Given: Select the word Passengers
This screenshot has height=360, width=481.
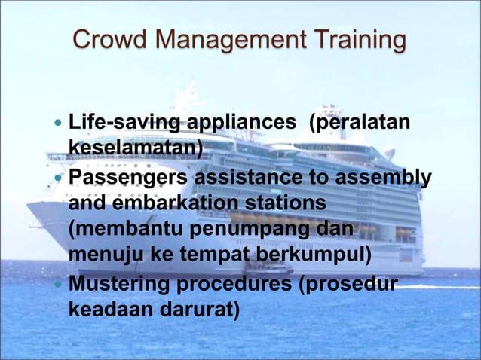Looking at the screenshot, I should [x=129, y=178].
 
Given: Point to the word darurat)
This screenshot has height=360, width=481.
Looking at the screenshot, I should [x=203, y=310].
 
